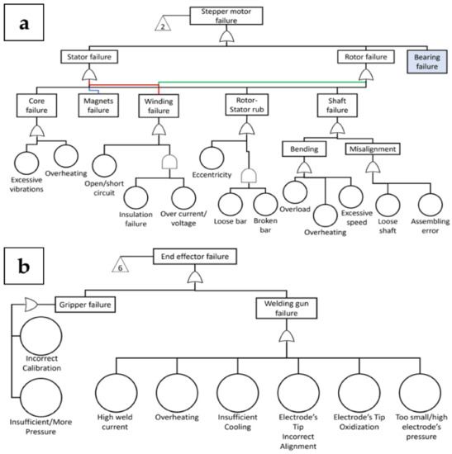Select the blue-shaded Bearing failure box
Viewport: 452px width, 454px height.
click(x=428, y=62)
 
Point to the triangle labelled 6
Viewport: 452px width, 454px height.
click(x=133, y=267)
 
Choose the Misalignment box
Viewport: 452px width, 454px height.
click(x=373, y=149)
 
